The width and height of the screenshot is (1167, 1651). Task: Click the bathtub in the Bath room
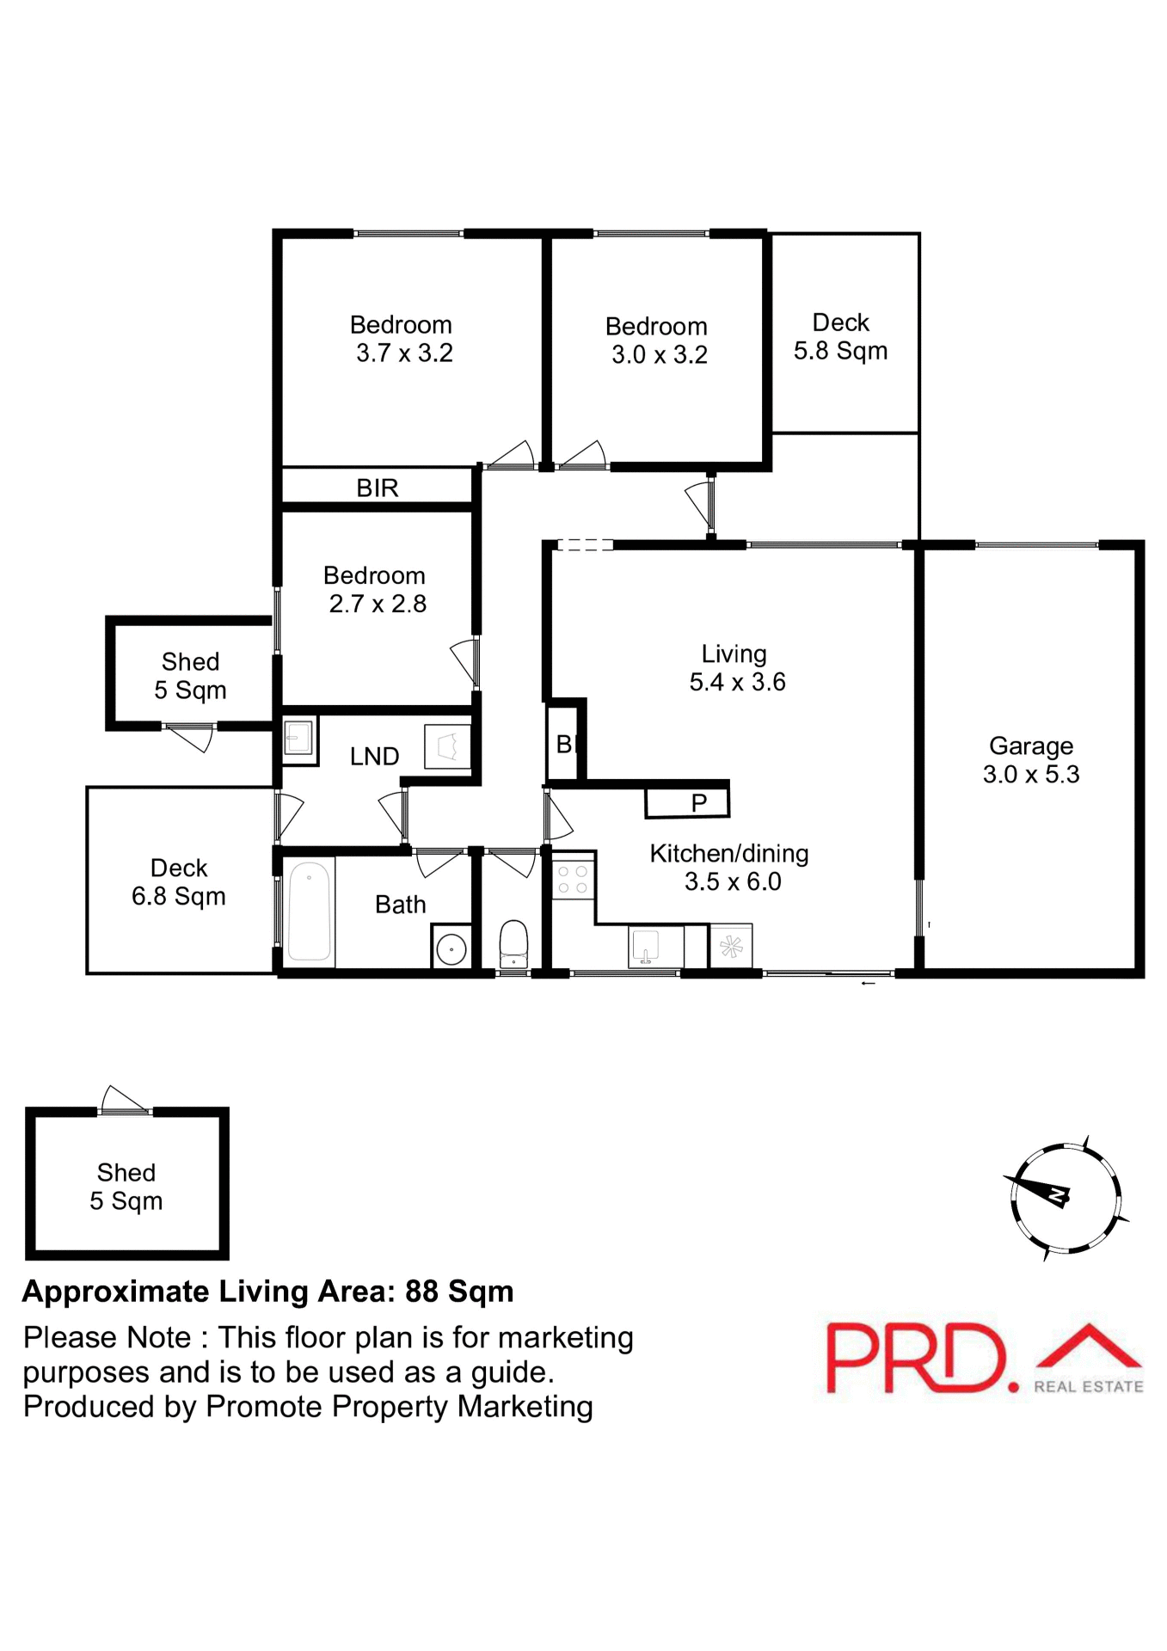(x=309, y=911)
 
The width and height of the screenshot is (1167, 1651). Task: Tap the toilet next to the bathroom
(x=513, y=941)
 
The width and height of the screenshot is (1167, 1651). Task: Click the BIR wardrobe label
(x=378, y=488)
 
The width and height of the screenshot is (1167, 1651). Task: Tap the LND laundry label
(x=374, y=757)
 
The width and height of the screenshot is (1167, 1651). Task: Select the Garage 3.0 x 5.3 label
(x=1030, y=760)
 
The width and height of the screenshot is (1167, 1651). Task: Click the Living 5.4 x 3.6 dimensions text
(x=737, y=683)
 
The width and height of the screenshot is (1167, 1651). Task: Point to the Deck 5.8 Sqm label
(x=840, y=337)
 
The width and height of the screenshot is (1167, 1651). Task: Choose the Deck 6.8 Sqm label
(x=179, y=882)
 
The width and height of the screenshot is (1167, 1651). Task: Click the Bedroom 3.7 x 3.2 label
(x=402, y=339)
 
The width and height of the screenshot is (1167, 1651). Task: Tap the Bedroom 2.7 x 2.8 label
(x=375, y=590)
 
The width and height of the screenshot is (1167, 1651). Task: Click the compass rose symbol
(x=1066, y=1198)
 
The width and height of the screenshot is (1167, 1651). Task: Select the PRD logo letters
(x=916, y=1359)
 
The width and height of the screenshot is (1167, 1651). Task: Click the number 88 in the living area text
(x=422, y=1292)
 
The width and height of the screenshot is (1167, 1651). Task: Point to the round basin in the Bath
(x=451, y=949)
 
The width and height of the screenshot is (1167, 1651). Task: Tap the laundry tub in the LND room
(x=447, y=746)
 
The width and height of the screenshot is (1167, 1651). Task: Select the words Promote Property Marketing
(x=400, y=1407)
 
